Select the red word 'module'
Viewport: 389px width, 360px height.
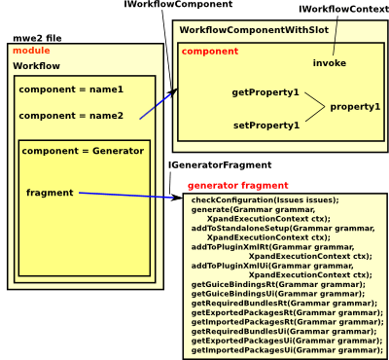pyautogui.click(x=30, y=50)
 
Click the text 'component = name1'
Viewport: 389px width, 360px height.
pyautogui.click(x=71, y=90)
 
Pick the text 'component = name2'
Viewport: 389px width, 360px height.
pyautogui.click(x=71, y=115)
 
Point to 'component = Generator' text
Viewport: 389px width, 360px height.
pyautogui.click(x=82, y=152)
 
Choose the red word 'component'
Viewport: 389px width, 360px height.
pyautogui.click(x=210, y=50)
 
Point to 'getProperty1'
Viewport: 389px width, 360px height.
pyautogui.click(x=265, y=92)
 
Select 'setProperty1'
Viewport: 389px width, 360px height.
pyautogui.click(x=265, y=125)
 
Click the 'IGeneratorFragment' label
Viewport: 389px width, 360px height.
pyautogui.click(x=220, y=166)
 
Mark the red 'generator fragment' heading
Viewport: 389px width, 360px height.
pyautogui.click(x=237, y=184)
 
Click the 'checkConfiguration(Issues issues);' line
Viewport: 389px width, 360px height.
pyautogui.click(x=265, y=199)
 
